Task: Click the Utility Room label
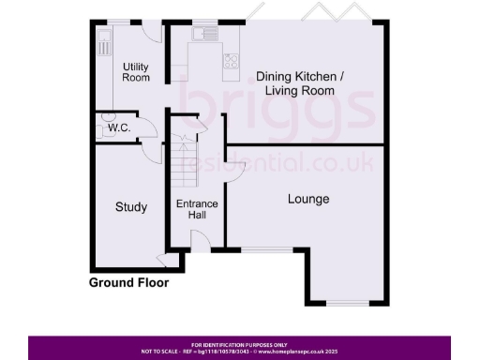136,71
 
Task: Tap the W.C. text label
118,127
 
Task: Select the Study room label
131,206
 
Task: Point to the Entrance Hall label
198,209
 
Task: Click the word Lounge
307,199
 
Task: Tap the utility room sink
104,41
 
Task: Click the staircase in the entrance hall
185,164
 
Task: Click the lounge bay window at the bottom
349,302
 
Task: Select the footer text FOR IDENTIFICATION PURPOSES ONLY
239,344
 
